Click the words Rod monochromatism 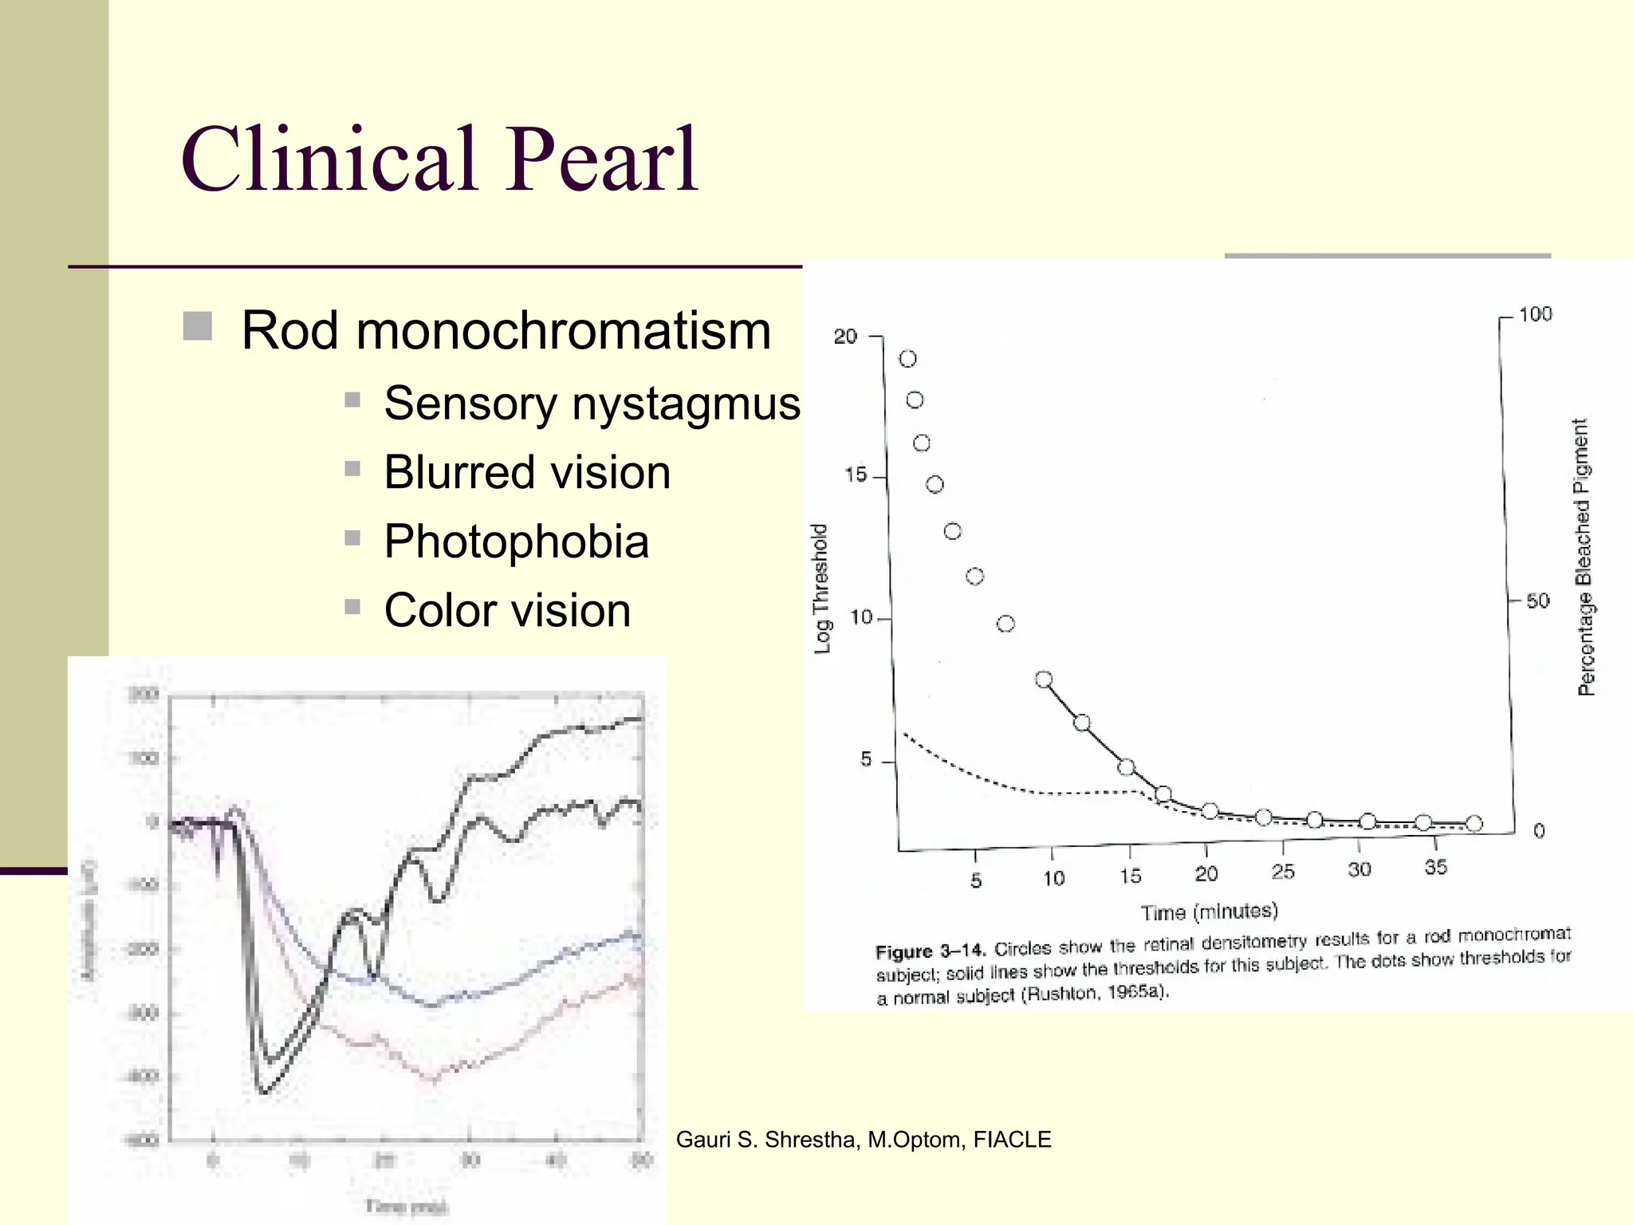pyautogui.click(x=506, y=330)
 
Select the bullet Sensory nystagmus pyautogui.click(x=591, y=403)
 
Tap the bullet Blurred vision pyautogui.click(x=526, y=472)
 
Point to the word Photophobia pyautogui.click(x=516, y=542)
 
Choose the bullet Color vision pyautogui.click(x=507, y=611)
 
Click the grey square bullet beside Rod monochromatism pyautogui.click(x=197, y=327)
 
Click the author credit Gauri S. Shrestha pyautogui.click(x=863, y=1140)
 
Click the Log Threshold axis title pyautogui.click(x=821, y=589)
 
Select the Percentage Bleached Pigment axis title pyautogui.click(x=1584, y=557)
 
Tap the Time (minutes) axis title pyautogui.click(x=1209, y=912)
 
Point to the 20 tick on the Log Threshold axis pyautogui.click(x=845, y=337)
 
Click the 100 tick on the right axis pyautogui.click(x=1535, y=314)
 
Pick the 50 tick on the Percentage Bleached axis pyautogui.click(x=1537, y=601)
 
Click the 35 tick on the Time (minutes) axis pyautogui.click(x=1435, y=867)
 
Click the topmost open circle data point pyautogui.click(x=907, y=359)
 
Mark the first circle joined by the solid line pyautogui.click(x=1044, y=679)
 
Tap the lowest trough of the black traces pyautogui.click(x=264, y=1091)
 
